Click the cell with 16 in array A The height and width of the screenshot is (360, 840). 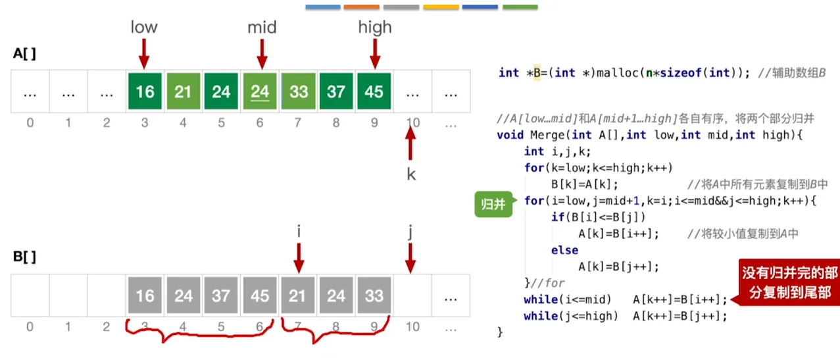[145, 91]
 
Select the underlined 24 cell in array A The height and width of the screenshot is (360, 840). [260, 91]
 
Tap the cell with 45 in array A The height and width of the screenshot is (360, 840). [374, 91]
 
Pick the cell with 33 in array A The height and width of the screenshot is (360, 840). [298, 91]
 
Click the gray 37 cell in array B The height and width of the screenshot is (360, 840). [221, 296]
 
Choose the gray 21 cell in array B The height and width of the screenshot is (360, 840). [298, 296]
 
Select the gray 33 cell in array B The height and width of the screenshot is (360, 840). [374, 296]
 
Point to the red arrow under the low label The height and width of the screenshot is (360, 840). [144, 52]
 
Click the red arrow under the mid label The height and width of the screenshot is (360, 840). [261, 52]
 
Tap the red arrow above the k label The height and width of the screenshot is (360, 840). [411, 145]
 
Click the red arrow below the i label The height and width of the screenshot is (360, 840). [299, 257]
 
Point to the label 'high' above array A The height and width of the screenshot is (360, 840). [374, 27]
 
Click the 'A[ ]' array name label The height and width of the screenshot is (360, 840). [24, 54]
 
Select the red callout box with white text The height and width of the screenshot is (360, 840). [789, 282]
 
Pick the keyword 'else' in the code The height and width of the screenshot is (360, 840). [565, 250]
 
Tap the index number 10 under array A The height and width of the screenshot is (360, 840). [412, 122]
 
